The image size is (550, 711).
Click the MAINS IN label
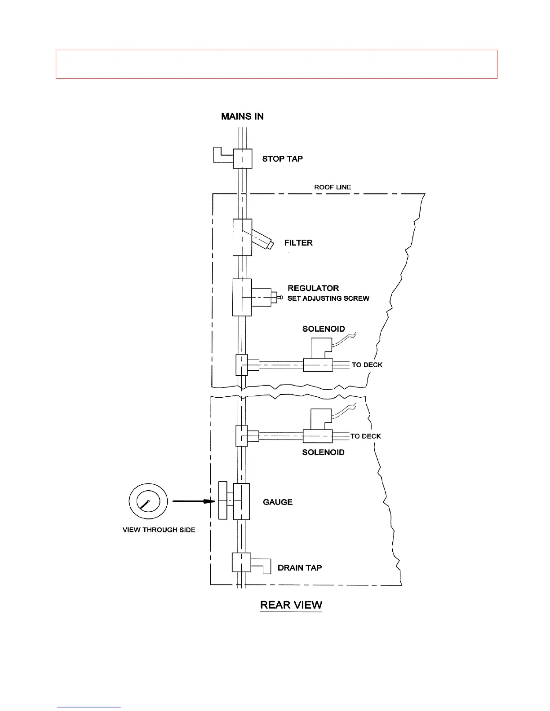tap(242, 117)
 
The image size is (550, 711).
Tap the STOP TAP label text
tap(282, 159)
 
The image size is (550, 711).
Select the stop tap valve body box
tap(243, 158)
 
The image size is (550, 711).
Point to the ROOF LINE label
tap(333, 187)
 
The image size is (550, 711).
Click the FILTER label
tap(298, 243)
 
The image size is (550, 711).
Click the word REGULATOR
tap(313, 288)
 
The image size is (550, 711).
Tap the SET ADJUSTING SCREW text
tap(328, 298)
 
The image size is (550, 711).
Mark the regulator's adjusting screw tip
tap(280, 298)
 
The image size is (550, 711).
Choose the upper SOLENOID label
tap(324, 329)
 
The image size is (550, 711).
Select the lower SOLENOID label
tap(323, 452)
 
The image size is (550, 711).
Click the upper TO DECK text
tap(367, 365)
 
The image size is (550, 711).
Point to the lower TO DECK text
tap(366, 436)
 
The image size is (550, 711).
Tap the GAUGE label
tap(278, 502)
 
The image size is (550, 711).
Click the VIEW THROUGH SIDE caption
tap(159, 530)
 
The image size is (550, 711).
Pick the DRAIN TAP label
tap(300, 568)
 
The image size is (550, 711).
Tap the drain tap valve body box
tap(241, 562)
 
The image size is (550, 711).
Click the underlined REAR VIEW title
tap(291, 605)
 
